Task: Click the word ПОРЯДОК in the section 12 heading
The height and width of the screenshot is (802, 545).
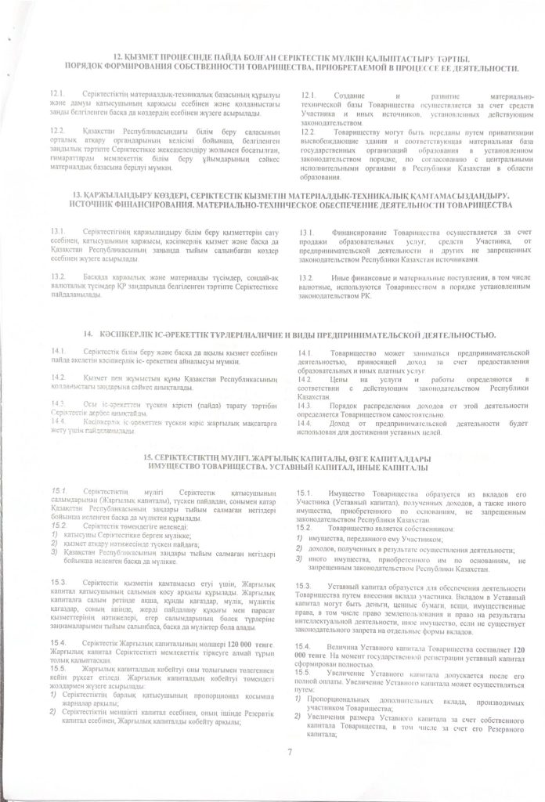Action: point(84,67)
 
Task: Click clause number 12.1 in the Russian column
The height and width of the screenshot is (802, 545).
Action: point(308,95)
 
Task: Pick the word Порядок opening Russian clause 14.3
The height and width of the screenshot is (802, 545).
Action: point(345,406)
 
